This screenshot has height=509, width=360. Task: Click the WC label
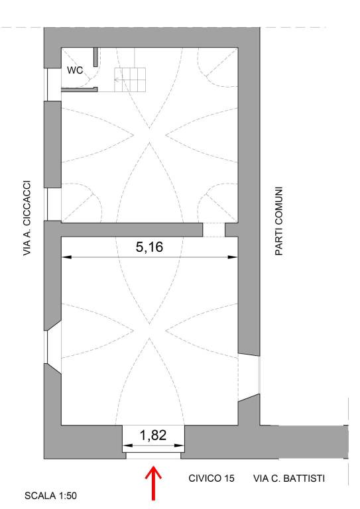tap(75, 70)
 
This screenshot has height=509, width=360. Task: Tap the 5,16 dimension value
tap(149, 247)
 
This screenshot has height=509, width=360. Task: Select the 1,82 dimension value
tap(153, 435)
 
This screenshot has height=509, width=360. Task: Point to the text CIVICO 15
tap(211, 478)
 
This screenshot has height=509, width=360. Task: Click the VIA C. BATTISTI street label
tap(289, 478)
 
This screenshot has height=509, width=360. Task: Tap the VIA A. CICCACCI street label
tap(27, 218)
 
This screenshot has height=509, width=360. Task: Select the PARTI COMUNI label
tap(279, 221)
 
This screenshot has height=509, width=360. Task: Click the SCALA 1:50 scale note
tap(50, 496)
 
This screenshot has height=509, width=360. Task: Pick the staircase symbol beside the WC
tap(129, 80)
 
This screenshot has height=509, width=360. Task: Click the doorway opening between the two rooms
tap(214, 229)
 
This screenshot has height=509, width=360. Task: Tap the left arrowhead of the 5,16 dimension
tap(66, 257)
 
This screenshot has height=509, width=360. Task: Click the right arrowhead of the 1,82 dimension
tap(180, 445)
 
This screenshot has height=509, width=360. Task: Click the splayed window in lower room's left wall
tap(52, 347)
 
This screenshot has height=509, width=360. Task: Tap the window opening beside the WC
tap(52, 84)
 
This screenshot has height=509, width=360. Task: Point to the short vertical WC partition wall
tap(95, 57)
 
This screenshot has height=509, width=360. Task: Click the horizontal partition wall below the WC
tap(79, 89)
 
